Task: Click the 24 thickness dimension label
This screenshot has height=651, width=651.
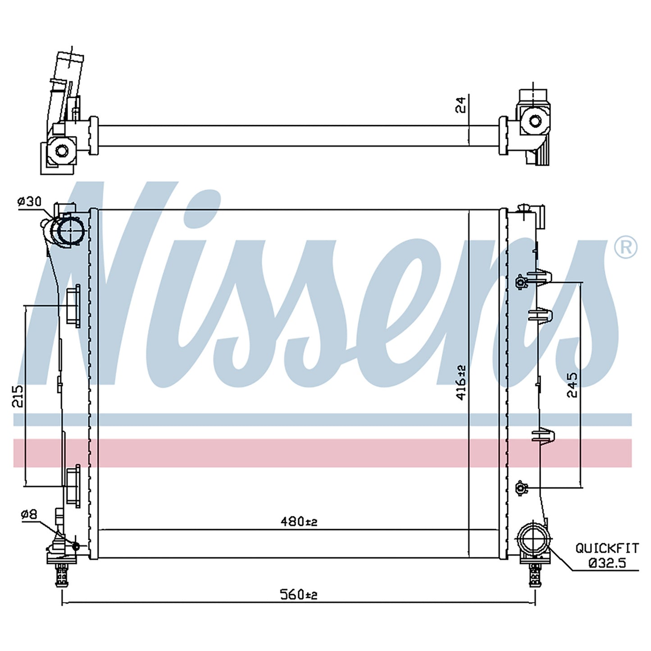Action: point(460,105)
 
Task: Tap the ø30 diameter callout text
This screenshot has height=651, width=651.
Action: point(29,202)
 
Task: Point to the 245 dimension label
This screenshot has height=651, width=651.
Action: point(572,385)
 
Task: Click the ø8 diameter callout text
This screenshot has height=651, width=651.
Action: point(29,524)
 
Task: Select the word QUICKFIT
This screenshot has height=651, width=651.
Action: point(607,548)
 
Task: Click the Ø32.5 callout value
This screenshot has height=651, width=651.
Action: point(607,563)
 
